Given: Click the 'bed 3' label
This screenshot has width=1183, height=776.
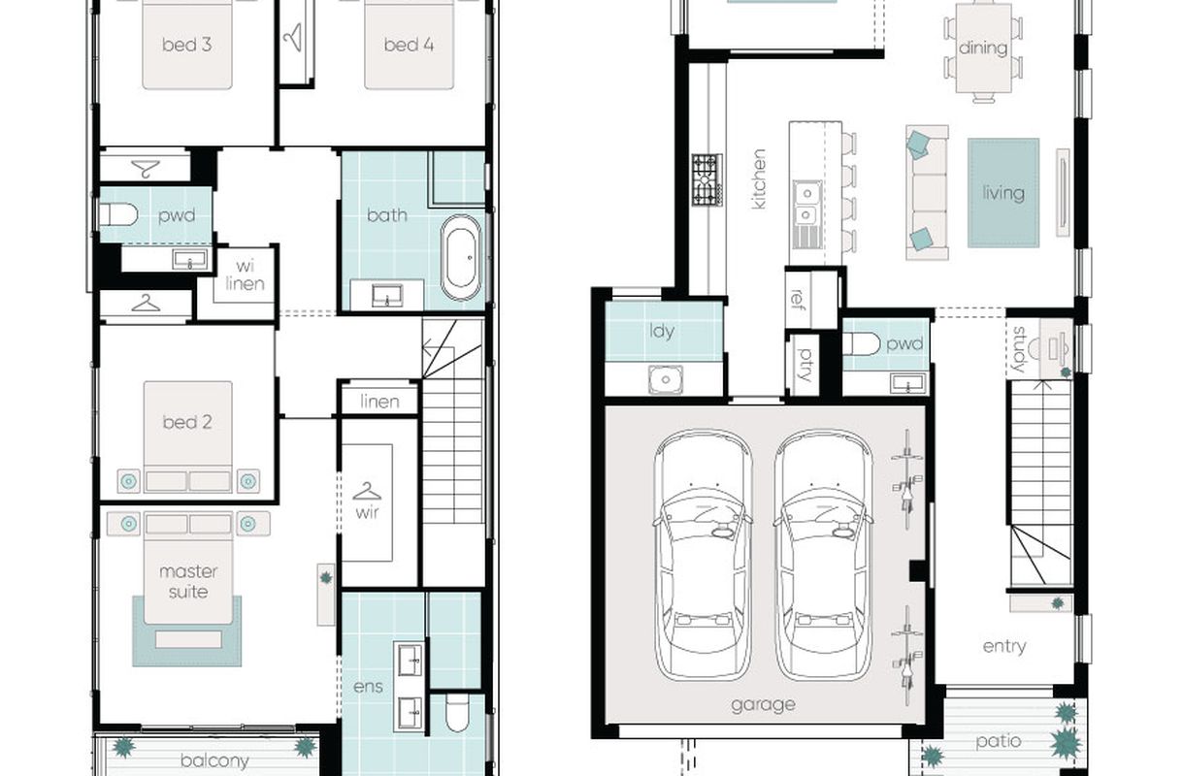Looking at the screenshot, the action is point(187,45).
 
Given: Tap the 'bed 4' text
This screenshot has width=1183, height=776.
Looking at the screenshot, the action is point(409,45).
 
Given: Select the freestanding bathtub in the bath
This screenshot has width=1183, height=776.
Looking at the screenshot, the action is point(461,257).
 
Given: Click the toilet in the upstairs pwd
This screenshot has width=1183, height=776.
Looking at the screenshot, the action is point(118,214).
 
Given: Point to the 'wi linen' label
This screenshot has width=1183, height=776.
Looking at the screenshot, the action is point(246,275).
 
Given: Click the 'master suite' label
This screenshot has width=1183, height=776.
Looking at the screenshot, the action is point(188,581).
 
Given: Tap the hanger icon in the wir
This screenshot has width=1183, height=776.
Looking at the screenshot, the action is point(367,492).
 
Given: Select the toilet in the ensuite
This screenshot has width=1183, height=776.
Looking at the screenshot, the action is point(457,713).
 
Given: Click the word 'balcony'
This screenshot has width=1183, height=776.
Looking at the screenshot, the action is point(214,760).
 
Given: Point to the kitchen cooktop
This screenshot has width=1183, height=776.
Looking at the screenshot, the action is point(707,180).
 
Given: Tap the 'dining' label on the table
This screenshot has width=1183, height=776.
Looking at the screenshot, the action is point(983,48).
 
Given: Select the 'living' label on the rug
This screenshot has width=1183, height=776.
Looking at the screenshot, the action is point(1003,193).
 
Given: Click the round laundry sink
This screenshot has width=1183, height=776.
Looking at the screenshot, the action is point(666,379).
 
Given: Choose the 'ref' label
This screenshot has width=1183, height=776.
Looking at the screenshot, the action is point(797,299).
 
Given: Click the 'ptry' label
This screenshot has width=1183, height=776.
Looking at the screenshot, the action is point(804,365).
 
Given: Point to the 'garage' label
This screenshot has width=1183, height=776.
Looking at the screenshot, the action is point(763,705).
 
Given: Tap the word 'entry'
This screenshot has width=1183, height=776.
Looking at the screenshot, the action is point(1004,647).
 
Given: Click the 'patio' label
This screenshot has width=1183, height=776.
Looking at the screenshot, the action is point(999,741).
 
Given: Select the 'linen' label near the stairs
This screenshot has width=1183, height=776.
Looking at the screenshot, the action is point(379,402).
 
